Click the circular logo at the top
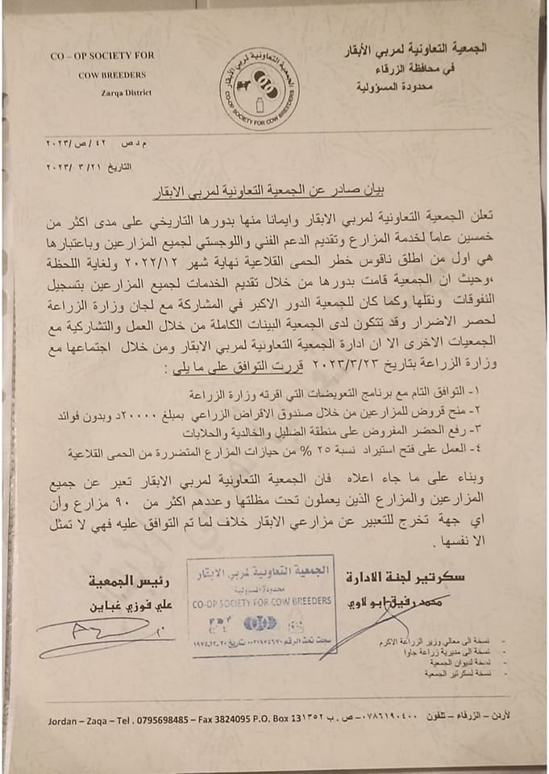pyautogui.click(x=260, y=88)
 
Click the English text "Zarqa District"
pyautogui.click(x=123, y=92)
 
